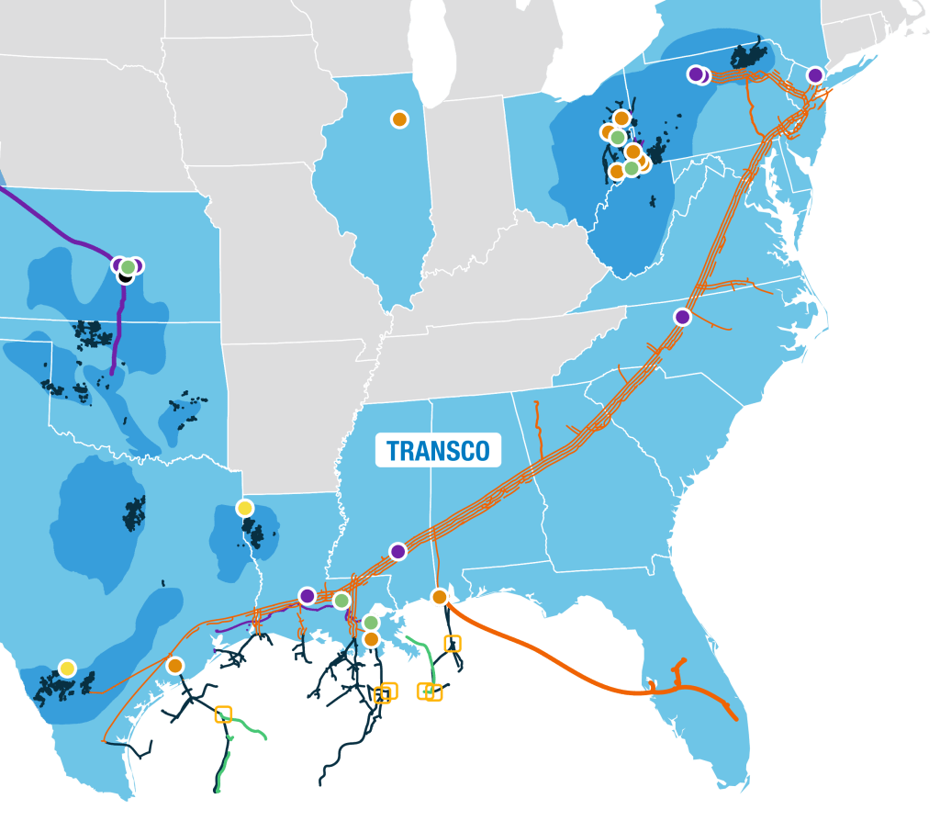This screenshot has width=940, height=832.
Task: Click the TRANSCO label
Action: [x=438, y=450]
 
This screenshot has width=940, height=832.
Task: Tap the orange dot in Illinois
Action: [x=399, y=118]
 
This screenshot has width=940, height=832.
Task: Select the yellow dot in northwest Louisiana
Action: [x=244, y=508]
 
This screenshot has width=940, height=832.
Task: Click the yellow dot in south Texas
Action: [x=67, y=669]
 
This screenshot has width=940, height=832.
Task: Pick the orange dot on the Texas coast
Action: [x=175, y=665]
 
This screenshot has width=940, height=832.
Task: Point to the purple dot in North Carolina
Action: [x=682, y=317]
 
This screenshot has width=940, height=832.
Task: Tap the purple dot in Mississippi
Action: [x=397, y=551]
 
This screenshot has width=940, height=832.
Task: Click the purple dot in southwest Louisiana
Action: [x=308, y=596]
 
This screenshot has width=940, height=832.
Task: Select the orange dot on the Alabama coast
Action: [x=440, y=597]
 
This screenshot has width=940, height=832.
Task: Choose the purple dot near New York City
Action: [x=815, y=75]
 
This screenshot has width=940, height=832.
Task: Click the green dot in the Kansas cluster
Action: [x=129, y=266]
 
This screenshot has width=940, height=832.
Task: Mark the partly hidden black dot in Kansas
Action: [x=125, y=276]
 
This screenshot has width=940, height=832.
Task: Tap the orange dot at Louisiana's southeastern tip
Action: [x=371, y=638]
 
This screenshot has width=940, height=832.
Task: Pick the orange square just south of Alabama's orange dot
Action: [x=453, y=644]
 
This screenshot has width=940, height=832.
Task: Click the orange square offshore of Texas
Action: [x=223, y=714]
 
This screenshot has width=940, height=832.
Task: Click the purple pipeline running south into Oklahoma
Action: [x=117, y=331]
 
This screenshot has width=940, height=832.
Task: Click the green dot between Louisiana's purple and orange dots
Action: [x=341, y=601]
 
